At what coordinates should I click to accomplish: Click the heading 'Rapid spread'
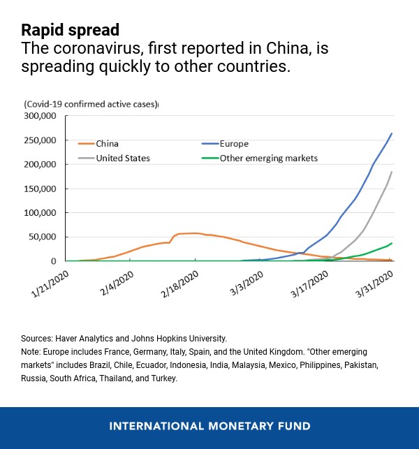coord(70,30)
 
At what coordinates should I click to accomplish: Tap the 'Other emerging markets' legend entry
coord(269,159)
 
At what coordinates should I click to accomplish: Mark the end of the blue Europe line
coord(392,133)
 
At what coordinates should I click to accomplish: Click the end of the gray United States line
coord(392,172)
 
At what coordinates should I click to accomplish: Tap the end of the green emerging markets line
coord(392,243)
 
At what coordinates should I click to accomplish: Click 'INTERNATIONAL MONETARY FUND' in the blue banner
coord(209,426)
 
